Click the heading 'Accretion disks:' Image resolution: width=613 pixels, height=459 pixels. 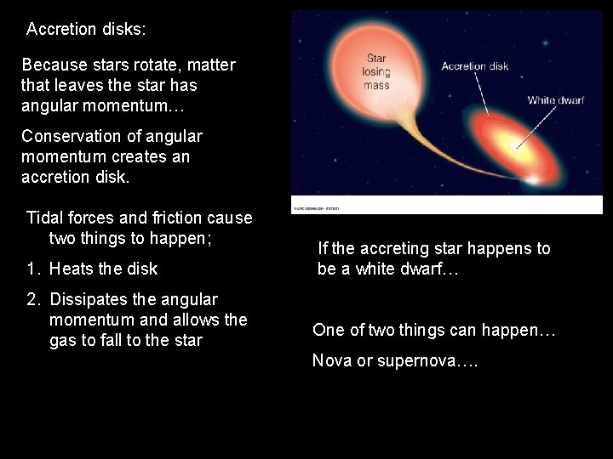tap(86, 29)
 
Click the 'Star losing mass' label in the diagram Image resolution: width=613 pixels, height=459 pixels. tap(375, 72)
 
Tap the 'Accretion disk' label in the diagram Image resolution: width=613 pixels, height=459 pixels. tap(475, 65)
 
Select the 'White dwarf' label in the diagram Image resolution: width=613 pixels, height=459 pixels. tap(555, 100)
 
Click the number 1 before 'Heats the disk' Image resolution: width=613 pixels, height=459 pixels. tap(31, 269)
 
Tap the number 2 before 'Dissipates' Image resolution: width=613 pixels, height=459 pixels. tap(32, 300)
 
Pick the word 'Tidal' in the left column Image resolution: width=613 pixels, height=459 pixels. tap(45, 218)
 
